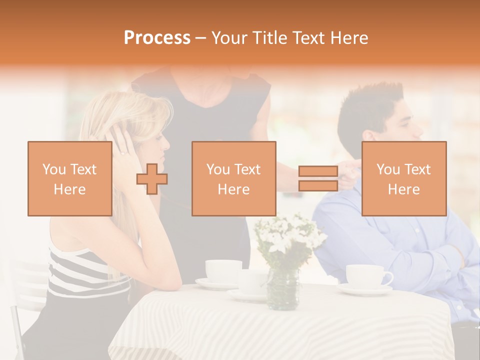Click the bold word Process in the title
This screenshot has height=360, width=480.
[157, 37]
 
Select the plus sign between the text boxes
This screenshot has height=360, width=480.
[152, 178]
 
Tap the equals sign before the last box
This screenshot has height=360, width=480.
[318, 178]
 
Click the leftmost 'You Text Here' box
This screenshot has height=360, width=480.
[69, 178]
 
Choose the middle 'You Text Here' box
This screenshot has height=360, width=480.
[233, 178]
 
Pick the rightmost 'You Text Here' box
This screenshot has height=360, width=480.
[403, 178]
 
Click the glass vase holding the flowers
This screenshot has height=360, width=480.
[282, 288]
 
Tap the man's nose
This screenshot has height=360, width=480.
[421, 132]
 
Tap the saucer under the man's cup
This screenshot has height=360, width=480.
[365, 289]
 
